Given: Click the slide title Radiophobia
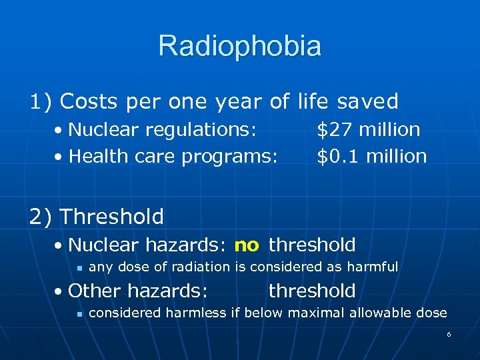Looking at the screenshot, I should [x=240, y=47].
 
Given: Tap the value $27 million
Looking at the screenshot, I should [x=368, y=129].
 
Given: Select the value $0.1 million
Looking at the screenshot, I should [x=371, y=157].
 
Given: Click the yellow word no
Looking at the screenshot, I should [x=247, y=245].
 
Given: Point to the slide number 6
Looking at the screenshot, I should [x=449, y=333].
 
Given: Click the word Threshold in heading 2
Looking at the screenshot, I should [x=111, y=217].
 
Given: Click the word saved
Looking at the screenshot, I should [x=367, y=101].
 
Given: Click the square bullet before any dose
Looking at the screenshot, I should [x=78, y=267].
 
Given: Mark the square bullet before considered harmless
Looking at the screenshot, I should [x=78, y=313].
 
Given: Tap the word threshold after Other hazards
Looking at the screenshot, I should [x=312, y=291].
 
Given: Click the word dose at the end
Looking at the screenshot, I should [x=432, y=313].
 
